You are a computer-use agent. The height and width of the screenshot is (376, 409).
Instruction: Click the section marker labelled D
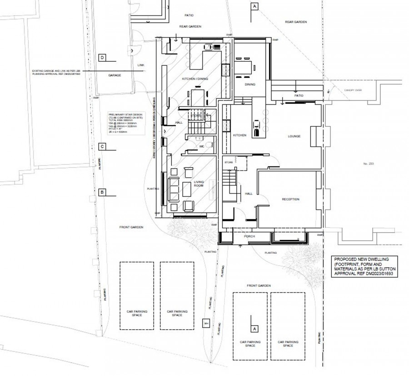(102, 58)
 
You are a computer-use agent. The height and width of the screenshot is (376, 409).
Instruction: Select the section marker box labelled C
(102, 147)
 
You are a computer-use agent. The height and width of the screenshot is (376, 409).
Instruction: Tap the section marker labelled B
(102, 192)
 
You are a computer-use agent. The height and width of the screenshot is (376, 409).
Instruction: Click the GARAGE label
(115, 75)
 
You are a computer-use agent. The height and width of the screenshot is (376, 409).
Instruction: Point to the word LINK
(140, 65)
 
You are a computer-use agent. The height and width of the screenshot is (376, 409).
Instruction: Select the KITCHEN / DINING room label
(195, 79)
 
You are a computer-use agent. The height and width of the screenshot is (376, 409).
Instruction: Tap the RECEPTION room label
(290, 199)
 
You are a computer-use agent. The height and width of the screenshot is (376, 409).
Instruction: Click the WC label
(201, 146)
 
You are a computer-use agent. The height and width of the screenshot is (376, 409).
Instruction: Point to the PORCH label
(249, 237)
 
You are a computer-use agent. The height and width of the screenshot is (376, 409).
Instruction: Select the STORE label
(229, 161)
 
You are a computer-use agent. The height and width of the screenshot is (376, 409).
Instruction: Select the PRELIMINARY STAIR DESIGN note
(124, 124)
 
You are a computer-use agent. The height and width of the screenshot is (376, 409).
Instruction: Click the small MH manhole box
(205, 323)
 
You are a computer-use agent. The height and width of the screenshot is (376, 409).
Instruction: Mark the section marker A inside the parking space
(254, 327)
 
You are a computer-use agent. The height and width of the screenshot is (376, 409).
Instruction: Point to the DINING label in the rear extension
(250, 84)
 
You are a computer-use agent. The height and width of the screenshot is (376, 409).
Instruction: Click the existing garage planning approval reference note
(56, 73)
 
